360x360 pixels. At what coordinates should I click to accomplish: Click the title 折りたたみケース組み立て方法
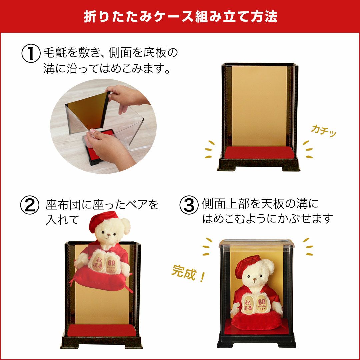pyautogui.click(x=180, y=17)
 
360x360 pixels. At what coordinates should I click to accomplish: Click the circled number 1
pyautogui.click(x=31, y=54)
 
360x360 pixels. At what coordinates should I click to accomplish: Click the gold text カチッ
pyautogui.click(x=323, y=130)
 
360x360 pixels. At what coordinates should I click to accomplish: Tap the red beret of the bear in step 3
pyautogui.click(x=247, y=266)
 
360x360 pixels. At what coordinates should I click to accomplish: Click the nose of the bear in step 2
pyautogui.click(x=108, y=238)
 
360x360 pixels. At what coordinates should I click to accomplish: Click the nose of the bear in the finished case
pyautogui.click(x=254, y=282)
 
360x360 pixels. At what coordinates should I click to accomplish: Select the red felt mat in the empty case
pyautogui.click(x=259, y=153)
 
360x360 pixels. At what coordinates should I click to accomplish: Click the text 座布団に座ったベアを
pyautogui.click(x=102, y=205)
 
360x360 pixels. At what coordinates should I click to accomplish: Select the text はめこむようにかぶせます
pyautogui.click(x=267, y=219)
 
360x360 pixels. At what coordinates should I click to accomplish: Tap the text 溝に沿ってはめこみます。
pyautogui.click(x=107, y=69)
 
